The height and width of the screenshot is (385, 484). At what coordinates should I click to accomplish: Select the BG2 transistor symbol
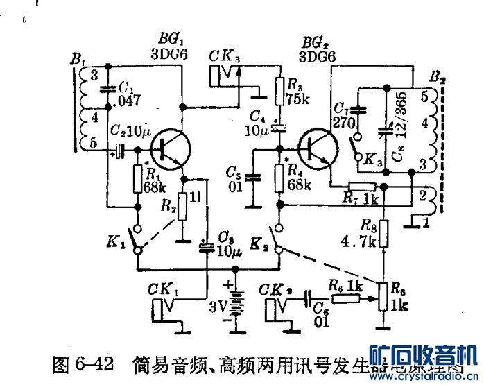click(x=316, y=147)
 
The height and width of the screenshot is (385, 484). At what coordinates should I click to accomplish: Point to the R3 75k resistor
click(x=279, y=89)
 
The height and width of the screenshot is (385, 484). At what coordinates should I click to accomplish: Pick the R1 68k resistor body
click(x=137, y=180)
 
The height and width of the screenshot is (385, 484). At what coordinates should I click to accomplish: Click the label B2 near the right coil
click(x=437, y=76)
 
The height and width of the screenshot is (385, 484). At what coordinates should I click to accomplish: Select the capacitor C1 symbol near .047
click(x=106, y=88)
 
